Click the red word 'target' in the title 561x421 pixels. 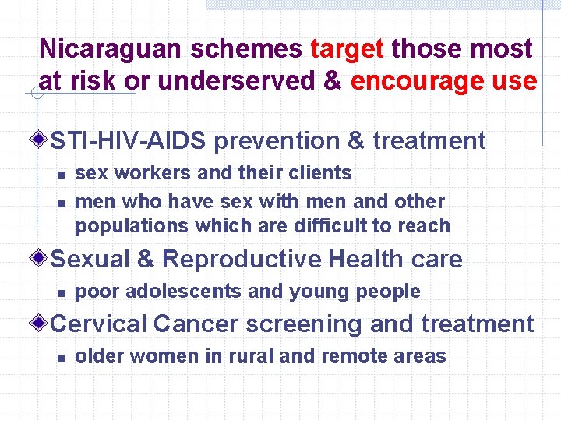point(347,49)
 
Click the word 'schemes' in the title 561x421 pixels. point(252,49)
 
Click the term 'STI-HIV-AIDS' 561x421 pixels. point(129,141)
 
